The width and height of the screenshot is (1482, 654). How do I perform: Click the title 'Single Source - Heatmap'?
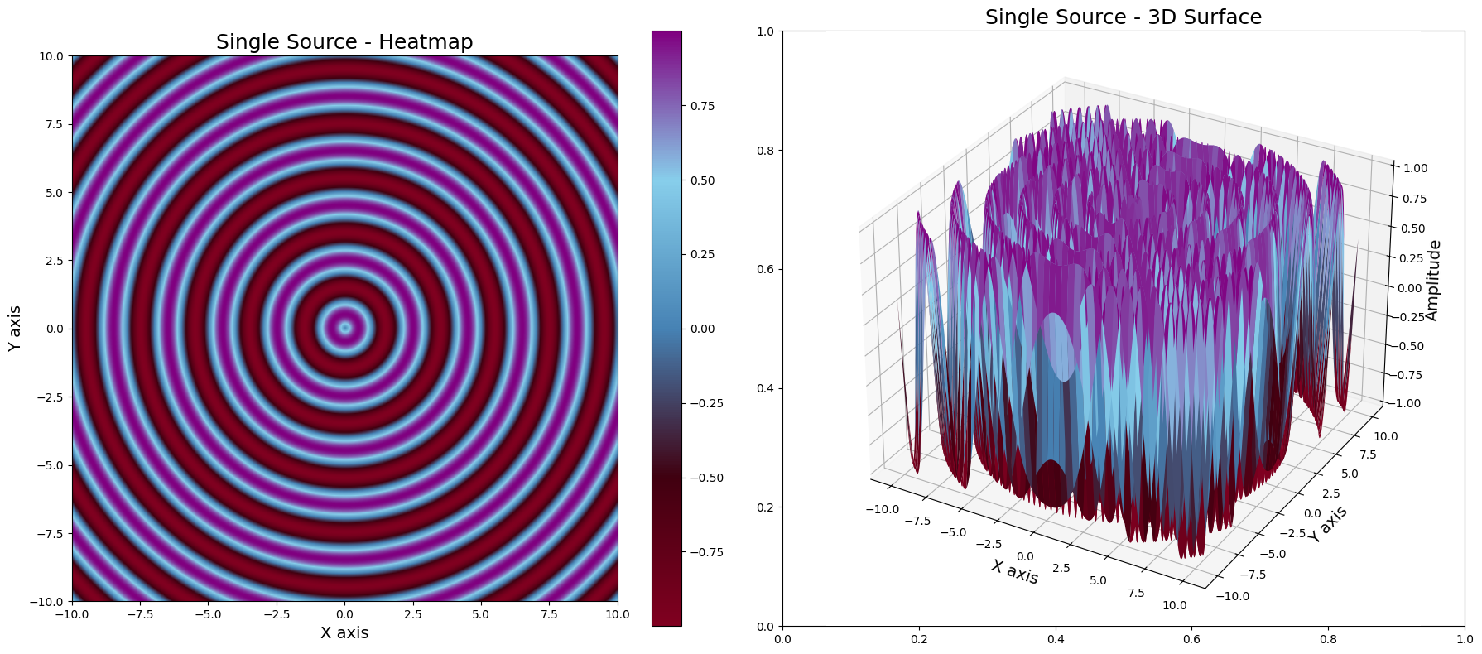[x=344, y=42]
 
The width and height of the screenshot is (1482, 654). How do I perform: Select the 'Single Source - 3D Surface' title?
[x=1123, y=17]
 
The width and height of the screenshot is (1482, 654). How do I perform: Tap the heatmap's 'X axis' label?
[x=344, y=633]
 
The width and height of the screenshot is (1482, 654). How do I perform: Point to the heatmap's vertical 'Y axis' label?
[x=15, y=329]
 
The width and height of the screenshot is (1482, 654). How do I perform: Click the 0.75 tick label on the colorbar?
[x=703, y=106]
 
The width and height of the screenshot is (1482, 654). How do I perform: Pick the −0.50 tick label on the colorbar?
[x=706, y=478]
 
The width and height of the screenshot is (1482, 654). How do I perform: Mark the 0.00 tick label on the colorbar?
[x=703, y=329]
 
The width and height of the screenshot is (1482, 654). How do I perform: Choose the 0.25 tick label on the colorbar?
[x=703, y=254]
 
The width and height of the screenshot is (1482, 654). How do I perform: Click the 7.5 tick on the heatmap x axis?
[x=549, y=614]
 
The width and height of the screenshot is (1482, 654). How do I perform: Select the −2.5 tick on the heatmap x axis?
[x=276, y=614]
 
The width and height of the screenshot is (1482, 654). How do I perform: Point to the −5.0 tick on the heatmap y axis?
[x=50, y=465]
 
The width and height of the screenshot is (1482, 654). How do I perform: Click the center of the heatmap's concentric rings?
[x=345, y=329]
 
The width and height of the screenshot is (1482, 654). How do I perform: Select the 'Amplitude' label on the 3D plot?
[x=1433, y=281]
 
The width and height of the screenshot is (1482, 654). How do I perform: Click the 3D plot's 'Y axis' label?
[x=1328, y=524]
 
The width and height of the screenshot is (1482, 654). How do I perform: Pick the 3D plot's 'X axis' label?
[x=1014, y=571]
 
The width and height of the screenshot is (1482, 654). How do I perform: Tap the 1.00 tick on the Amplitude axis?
[x=1415, y=168]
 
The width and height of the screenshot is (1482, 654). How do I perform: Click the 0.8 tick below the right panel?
[x=1329, y=639]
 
